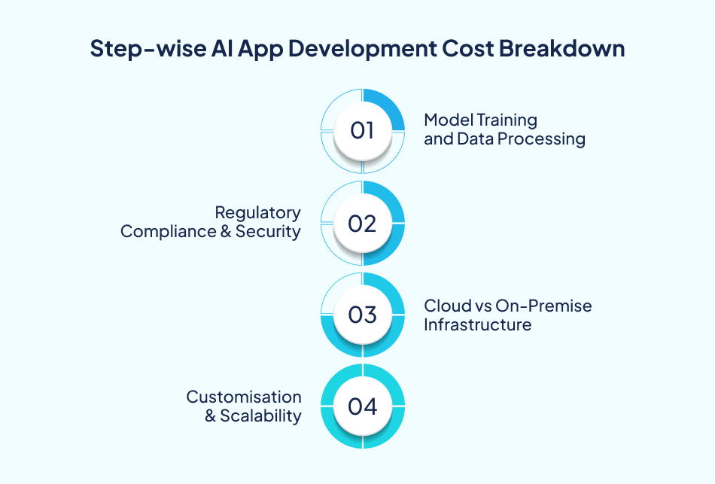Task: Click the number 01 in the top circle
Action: coord(362,131)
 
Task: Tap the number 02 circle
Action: coord(362,224)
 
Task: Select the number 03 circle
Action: coord(362,315)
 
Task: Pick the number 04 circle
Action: coord(362,406)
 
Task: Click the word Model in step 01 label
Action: coord(445,120)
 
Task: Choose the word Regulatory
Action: coord(257,213)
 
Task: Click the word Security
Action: coord(268,232)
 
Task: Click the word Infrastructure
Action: coord(477,324)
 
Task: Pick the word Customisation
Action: coord(244,397)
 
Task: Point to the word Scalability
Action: coord(260,416)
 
